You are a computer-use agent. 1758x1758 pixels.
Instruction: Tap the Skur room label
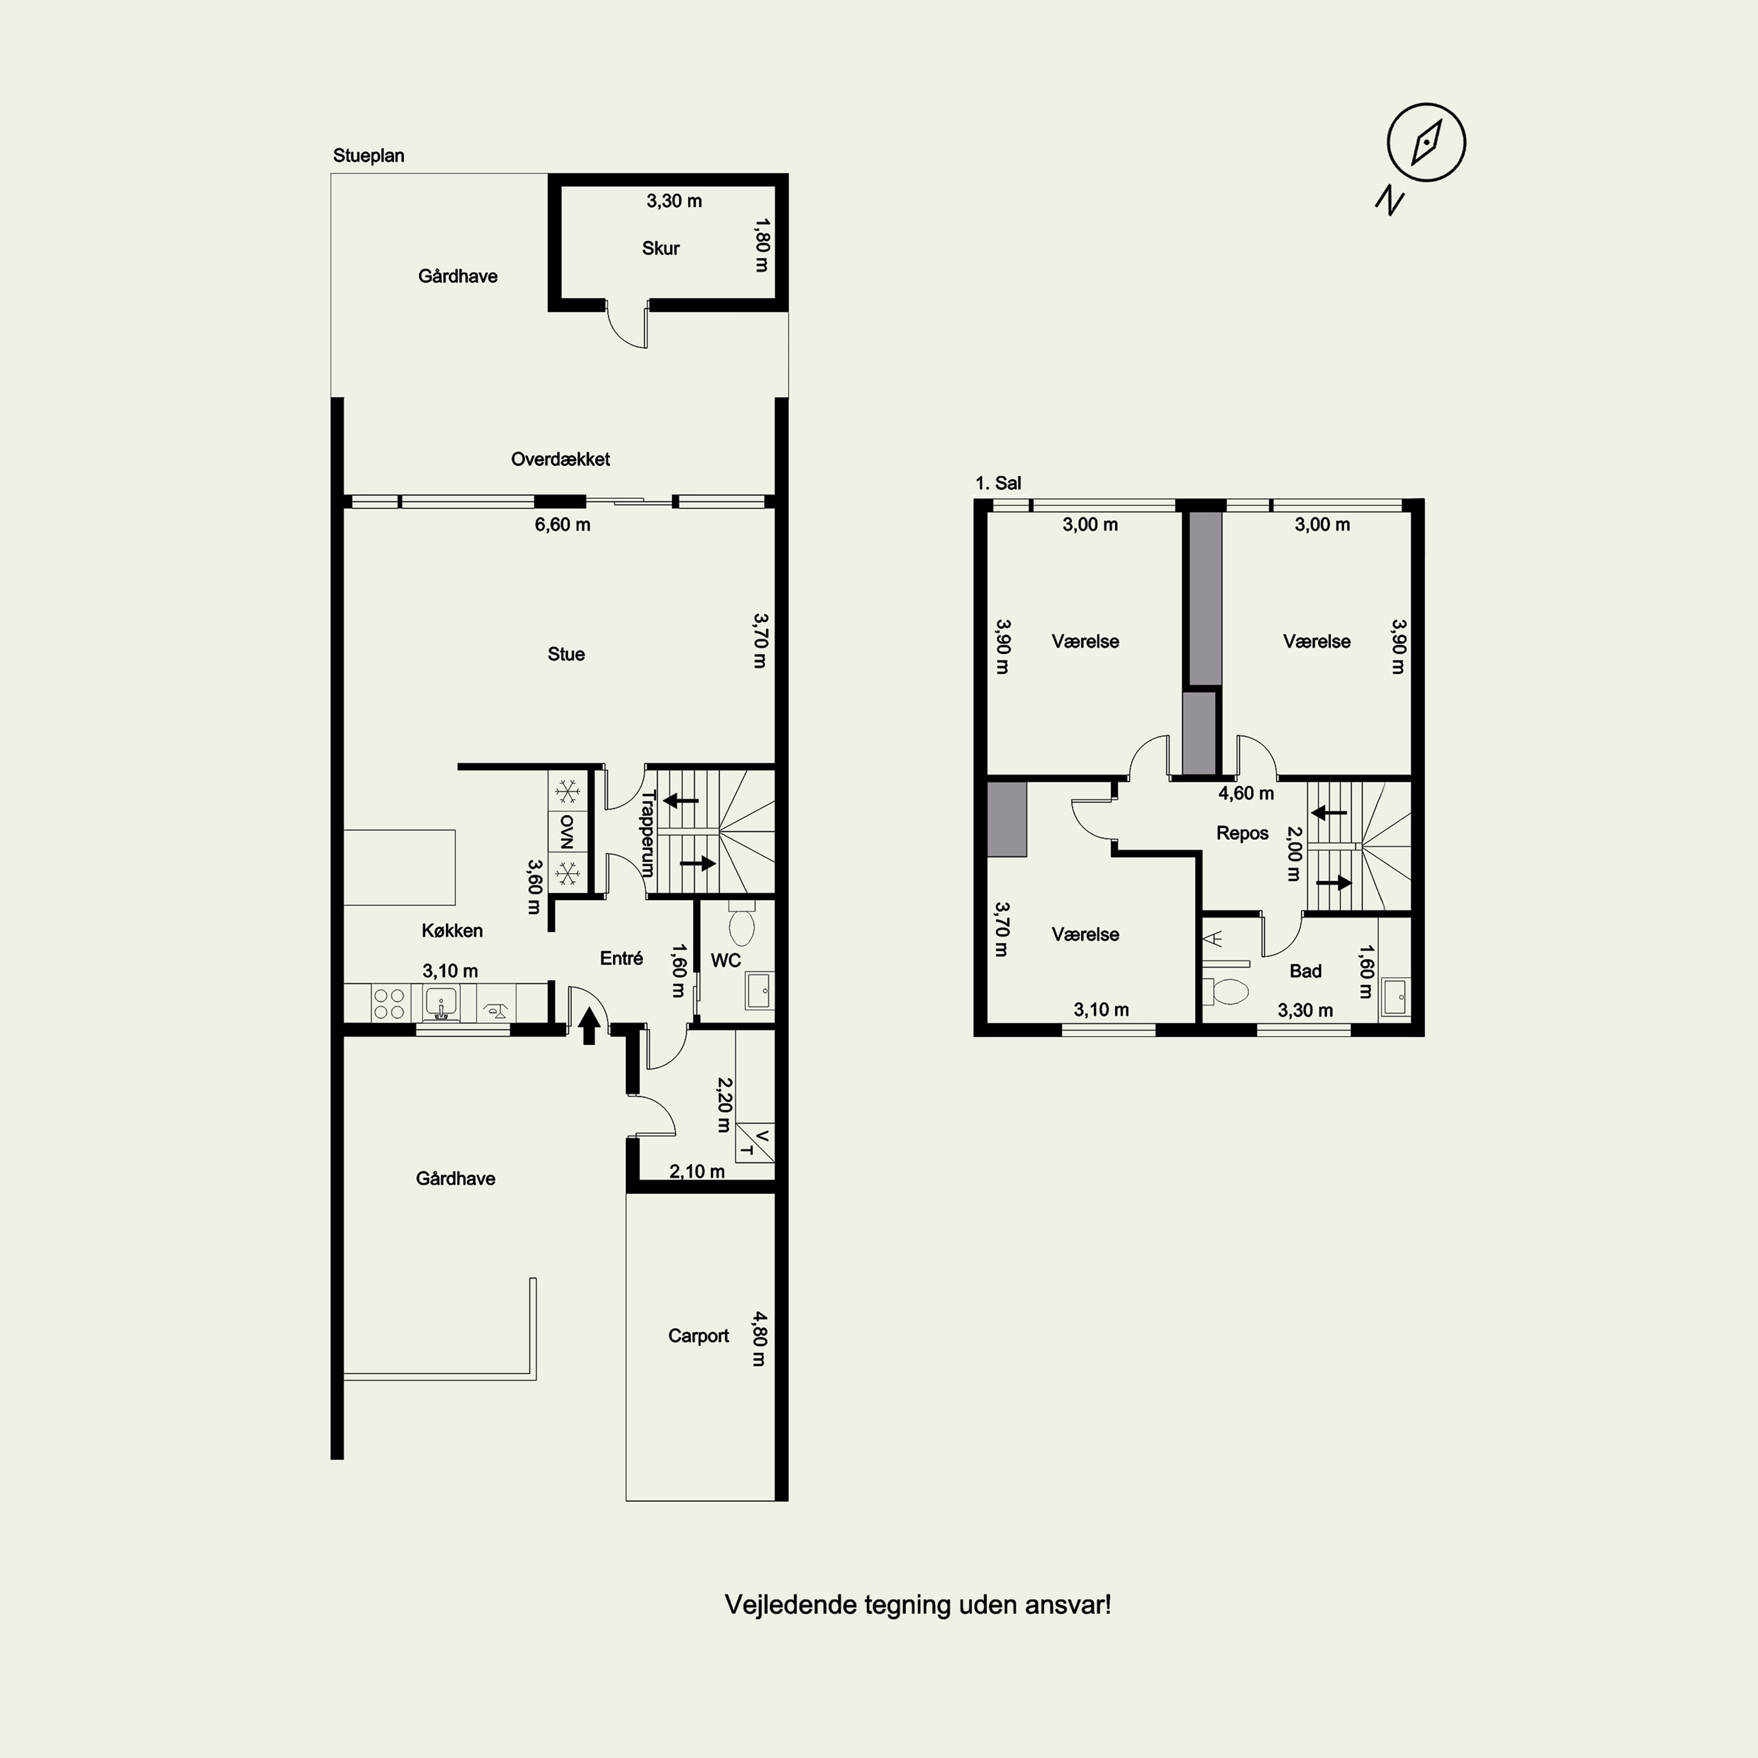tap(660, 248)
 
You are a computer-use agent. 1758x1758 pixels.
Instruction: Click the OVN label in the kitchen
tap(567, 829)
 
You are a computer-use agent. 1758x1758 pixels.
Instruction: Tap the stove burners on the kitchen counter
tap(389, 1004)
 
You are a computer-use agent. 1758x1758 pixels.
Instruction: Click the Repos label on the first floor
tap(1242, 833)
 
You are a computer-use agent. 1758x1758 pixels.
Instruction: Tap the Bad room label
tap(1305, 971)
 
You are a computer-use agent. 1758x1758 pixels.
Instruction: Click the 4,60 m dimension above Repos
tap(1246, 793)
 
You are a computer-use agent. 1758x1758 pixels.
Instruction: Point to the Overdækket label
tap(561, 459)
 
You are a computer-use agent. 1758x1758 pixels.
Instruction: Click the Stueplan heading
tap(369, 156)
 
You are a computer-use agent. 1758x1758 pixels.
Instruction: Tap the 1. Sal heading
tap(998, 483)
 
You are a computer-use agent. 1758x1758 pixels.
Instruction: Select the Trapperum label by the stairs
tap(648, 833)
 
